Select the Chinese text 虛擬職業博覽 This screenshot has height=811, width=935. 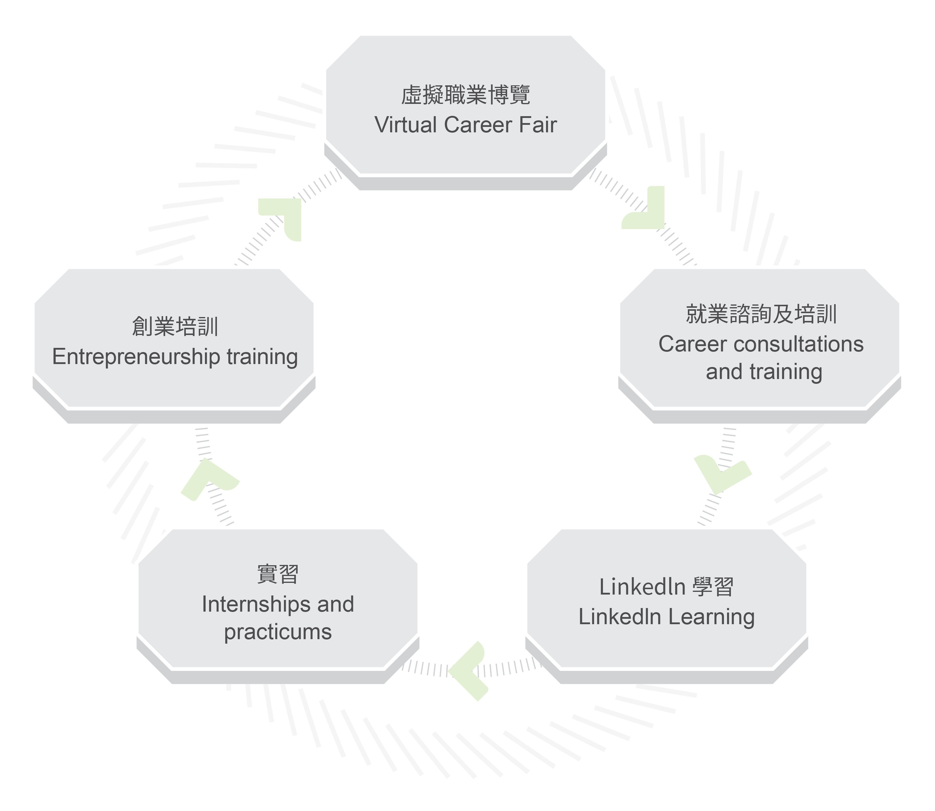[466, 95]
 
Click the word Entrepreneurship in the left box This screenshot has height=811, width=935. [136, 357]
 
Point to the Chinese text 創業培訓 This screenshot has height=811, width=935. [175, 327]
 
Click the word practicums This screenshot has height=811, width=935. [278, 632]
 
